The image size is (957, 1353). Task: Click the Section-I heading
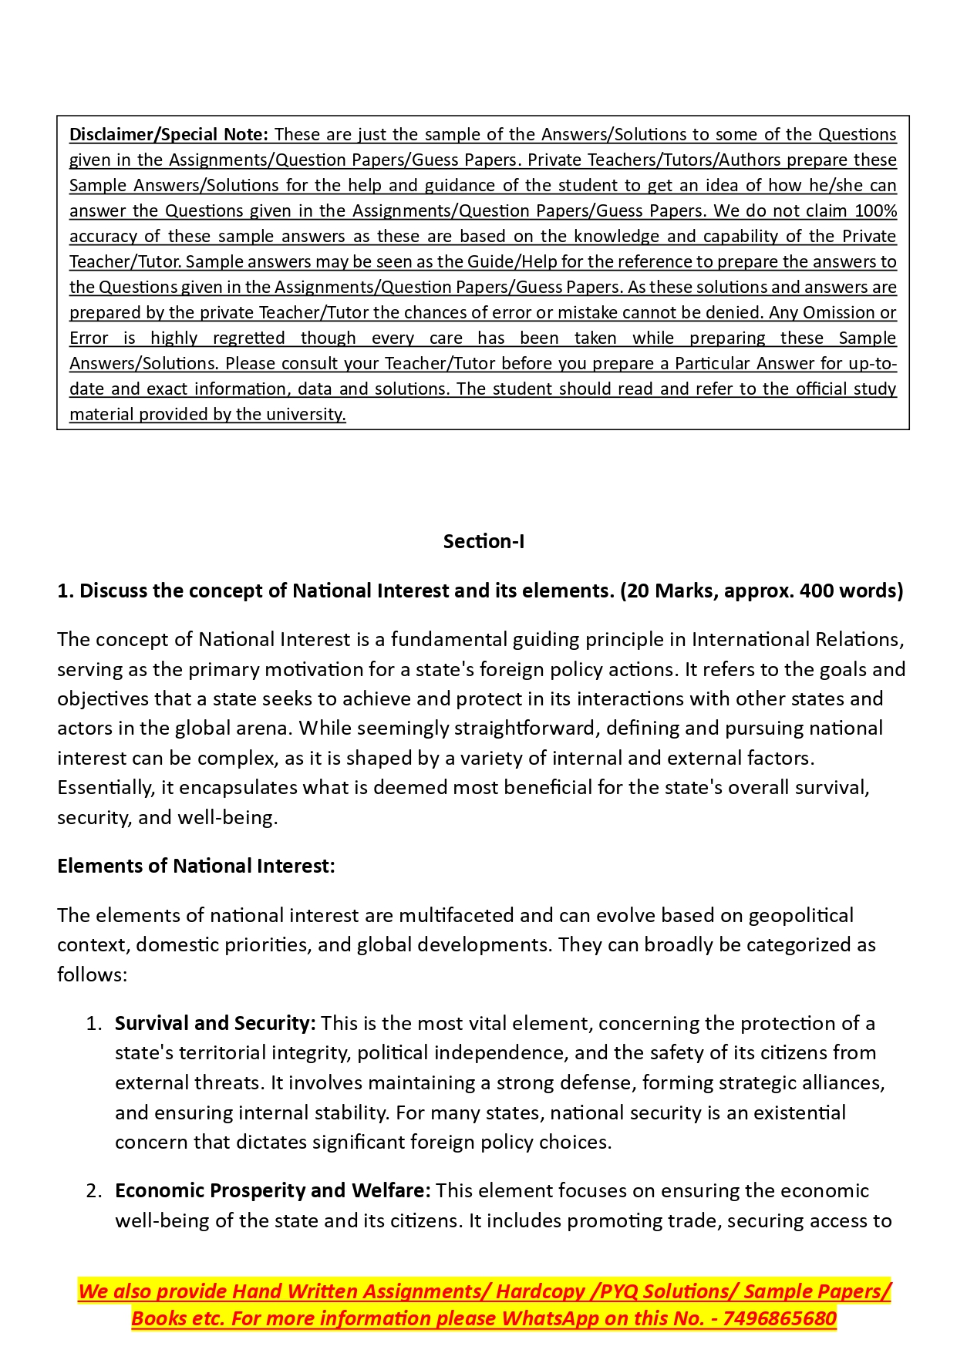(x=484, y=541)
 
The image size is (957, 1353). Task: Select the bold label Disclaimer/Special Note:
(x=168, y=134)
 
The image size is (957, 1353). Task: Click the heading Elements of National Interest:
(x=196, y=866)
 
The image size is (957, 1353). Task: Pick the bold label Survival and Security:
(x=215, y=1023)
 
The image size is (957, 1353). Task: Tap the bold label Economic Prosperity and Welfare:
(x=272, y=1190)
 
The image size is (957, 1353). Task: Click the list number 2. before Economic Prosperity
(x=94, y=1190)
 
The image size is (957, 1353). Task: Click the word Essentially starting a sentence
(x=105, y=787)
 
